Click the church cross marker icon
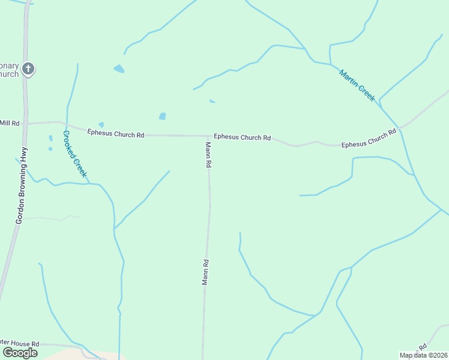28,69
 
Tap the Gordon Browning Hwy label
22,185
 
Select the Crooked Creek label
75,154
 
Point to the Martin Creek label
357,85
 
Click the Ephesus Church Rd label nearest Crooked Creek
116,133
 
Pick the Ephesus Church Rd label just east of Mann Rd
243,137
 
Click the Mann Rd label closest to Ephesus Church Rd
208,155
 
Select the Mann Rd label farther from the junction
205,272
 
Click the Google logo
20,353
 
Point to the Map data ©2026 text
423,355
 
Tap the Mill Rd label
10,123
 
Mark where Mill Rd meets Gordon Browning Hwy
26,123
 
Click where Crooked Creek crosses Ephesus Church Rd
67,126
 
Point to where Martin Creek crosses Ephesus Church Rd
399,127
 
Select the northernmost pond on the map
119,68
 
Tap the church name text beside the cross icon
9,70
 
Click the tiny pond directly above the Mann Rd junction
212,101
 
